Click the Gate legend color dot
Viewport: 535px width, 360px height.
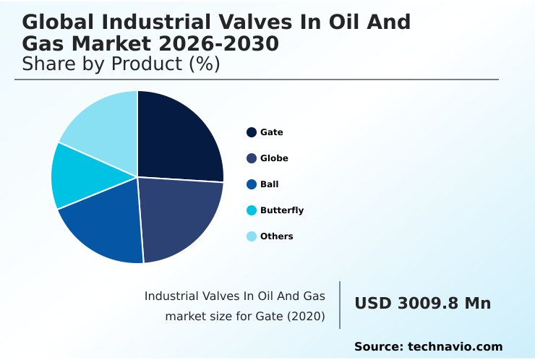coord(252,132)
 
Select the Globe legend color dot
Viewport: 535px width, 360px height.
coord(252,158)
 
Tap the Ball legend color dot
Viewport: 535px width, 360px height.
coord(252,184)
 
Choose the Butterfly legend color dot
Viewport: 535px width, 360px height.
coord(252,210)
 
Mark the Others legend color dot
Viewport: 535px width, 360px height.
coord(252,236)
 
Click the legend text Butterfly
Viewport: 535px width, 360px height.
coord(282,210)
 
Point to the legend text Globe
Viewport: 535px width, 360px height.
coord(274,158)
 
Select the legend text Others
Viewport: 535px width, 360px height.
coord(277,236)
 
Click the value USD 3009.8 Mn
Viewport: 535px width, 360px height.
coord(422,304)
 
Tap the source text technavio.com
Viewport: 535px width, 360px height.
coord(455,347)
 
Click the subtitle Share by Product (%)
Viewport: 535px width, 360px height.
coord(121,64)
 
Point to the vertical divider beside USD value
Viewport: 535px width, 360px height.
coord(340,305)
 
